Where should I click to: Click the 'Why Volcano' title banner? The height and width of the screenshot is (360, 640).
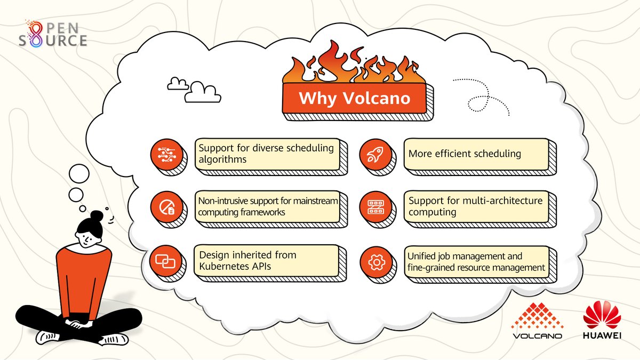(354, 99)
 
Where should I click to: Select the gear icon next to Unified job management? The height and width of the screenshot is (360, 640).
(376, 262)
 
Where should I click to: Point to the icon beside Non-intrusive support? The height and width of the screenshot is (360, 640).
(165, 207)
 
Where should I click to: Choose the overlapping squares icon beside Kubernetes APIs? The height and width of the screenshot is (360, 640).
(165, 261)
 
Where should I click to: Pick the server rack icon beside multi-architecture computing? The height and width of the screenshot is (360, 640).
(376, 207)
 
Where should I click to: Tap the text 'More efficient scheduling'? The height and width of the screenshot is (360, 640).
(464, 154)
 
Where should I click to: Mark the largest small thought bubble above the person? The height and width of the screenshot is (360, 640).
(79, 173)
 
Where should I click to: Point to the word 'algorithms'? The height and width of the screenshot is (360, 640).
(223, 159)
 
